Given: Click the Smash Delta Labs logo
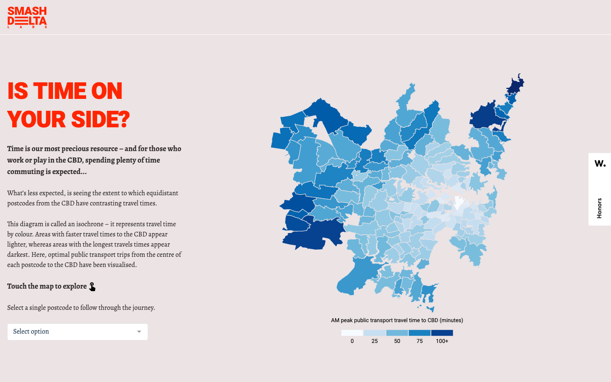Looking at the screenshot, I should point(27,17).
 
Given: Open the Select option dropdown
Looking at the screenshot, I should point(77,331).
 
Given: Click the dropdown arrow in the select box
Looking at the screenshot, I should point(139,332).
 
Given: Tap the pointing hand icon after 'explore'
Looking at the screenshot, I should point(92,287).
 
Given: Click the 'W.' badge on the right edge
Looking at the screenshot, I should point(600,163).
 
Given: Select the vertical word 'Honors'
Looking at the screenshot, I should point(599,208).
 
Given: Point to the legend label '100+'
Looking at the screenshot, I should point(442,341).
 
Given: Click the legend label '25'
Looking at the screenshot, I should point(375,341).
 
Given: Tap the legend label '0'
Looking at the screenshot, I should point(352,341).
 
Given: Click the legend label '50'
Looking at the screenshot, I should point(397,341).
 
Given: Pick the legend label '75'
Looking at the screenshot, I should point(420,341).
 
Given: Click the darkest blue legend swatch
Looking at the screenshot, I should point(442,333).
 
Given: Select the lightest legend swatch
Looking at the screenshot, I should point(352,333).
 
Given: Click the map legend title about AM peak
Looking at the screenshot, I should point(397,320).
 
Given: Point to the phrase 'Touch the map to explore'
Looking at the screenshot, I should point(47,286).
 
